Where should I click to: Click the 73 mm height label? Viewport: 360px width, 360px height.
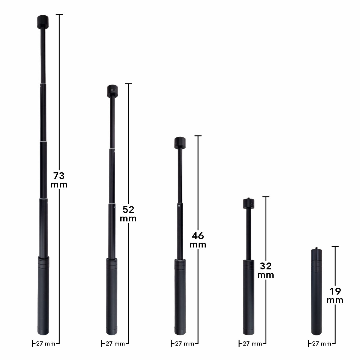pyautogui.click(x=59, y=180)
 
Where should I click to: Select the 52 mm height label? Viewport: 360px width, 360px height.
pyautogui.click(x=128, y=214)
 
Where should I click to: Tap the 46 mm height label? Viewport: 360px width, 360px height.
pyautogui.click(x=198, y=240)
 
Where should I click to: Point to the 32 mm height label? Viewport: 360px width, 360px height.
pyautogui.click(x=265, y=270)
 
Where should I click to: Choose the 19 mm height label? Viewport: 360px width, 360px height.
pyautogui.click(x=335, y=295)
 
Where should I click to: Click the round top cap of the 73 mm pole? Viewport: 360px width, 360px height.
pyautogui.click(x=43, y=22)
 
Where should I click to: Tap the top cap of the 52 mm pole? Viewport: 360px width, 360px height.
pyautogui.click(x=112, y=91)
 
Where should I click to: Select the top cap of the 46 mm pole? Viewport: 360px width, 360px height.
pyautogui.click(x=180, y=143)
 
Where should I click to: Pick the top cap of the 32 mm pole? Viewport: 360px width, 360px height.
pyautogui.click(x=248, y=203)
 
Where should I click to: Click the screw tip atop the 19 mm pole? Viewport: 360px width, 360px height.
pyautogui.click(x=316, y=248)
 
